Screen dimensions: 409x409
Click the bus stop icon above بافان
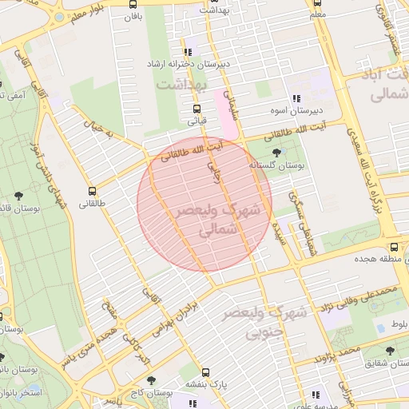click(133, 2)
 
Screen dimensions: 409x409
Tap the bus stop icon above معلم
click(319, 2)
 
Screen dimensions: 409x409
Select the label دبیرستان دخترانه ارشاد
click(187, 63)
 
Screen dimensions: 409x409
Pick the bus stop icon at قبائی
click(197, 109)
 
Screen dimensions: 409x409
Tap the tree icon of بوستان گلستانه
click(276, 152)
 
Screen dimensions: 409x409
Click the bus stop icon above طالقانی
click(93, 192)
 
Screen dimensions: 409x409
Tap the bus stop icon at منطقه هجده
click(395, 246)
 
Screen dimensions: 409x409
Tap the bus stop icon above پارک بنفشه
click(205, 372)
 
